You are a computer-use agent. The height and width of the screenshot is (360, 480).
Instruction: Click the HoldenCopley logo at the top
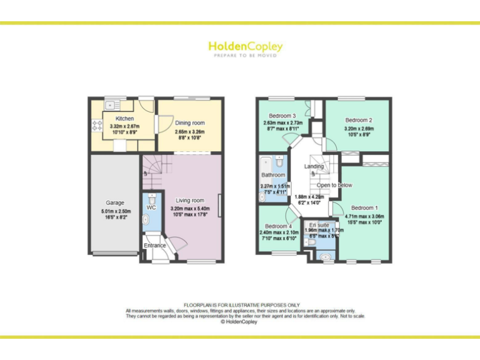(x=245, y=48)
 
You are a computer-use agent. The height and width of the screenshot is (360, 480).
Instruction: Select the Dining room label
(x=190, y=123)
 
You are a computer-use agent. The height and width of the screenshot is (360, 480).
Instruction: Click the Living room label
(x=190, y=201)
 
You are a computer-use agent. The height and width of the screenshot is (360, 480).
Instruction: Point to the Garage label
(x=115, y=202)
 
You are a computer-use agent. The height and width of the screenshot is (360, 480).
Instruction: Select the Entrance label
(x=155, y=246)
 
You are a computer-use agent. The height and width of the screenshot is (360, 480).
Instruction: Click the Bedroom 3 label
(x=282, y=116)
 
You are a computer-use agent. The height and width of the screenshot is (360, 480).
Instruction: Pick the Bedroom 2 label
(x=359, y=120)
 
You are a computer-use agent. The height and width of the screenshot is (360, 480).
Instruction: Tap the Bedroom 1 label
(x=364, y=207)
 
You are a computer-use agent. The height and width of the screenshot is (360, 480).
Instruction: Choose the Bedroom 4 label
(x=277, y=226)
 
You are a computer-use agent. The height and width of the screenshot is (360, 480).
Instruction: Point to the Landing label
(x=314, y=166)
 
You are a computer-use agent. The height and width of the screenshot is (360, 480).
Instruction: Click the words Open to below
(x=334, y=185)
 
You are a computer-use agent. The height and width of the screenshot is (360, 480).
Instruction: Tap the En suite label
(x=319, y=224)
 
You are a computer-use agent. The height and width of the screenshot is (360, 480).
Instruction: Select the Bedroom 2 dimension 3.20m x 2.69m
(x=359, y=130)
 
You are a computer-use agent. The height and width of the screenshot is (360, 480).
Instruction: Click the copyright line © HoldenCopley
(x=240, y=322)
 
